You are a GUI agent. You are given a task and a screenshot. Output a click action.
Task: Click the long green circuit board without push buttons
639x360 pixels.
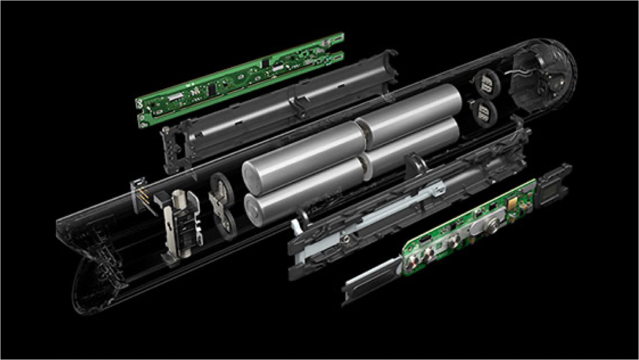click(239, 78)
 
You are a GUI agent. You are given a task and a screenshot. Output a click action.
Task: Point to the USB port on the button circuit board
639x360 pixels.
click(423, 241)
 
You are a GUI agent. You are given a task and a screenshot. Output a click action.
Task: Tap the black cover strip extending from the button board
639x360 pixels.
click(371, 280)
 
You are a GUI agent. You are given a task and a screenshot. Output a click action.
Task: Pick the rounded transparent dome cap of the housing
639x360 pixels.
click(549, 75)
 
